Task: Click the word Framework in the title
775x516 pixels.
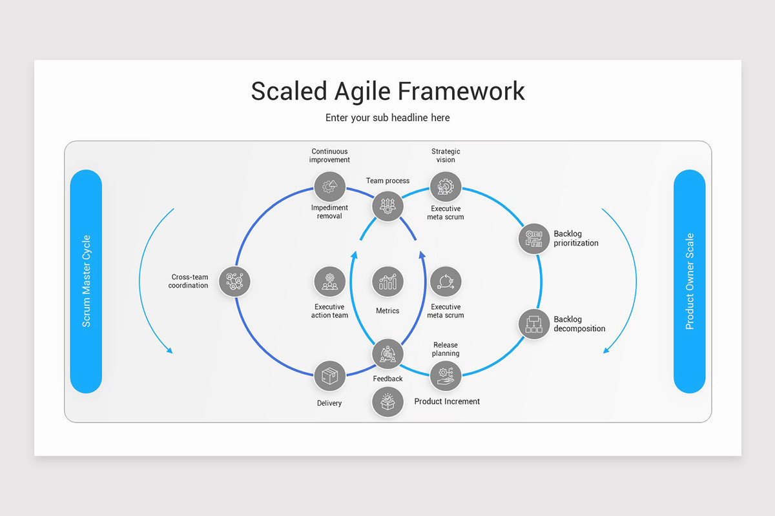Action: pyautogui.click(x=461, y=91)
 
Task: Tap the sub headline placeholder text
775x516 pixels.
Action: pyautogui.click(x=387, y=117)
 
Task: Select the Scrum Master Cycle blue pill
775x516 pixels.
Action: pyautogui.click(x=86, y=281)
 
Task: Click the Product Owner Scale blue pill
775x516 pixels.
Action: pyautogui.click(x=689, y=281)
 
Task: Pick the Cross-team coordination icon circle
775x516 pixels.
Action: pyautogui.click(x=234, y=281)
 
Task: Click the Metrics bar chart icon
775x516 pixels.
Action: pyautogui.click(x=387, y=282)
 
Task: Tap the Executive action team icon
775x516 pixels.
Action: pyautogui.click(x=329, y=282)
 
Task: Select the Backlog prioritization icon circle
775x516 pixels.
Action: pyautogui.click(x=533, y=239)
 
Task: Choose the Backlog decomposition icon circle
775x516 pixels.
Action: pyautogui.click(x=533, y=324)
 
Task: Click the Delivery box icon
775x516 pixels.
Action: pyautogui.click(x=329, y=375)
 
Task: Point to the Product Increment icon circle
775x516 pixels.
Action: pyautogui.click(x=387, y=401)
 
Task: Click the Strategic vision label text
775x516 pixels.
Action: pyautogui.click(x=446, y=155)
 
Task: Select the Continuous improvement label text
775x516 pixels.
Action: pyautogui.click(x=329, y=155)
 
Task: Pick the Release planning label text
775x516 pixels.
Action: pyautogui.click(x=446, y=349)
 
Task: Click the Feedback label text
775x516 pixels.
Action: pyautogui.click(x=387, y=379)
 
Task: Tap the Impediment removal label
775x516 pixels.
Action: pyautogui.click(x=329, y=212)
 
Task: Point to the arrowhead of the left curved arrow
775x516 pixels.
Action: pyautogui.click(x=170, y=351)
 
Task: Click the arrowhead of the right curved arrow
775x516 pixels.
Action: pyautogui.click(x=606, y=351)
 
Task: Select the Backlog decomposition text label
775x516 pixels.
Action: pyautogui.click(x=579, y=324)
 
